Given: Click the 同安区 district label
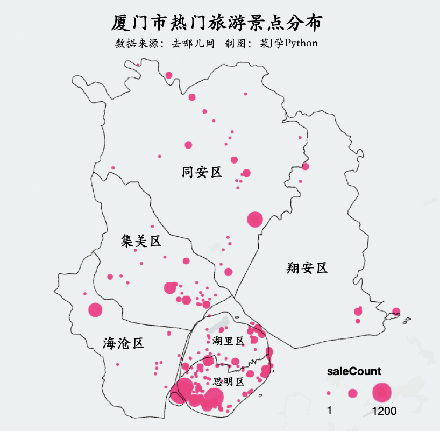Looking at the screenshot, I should coord(202,172).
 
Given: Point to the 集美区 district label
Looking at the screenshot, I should coord(141,241).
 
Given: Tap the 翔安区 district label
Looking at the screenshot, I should coord(307,268).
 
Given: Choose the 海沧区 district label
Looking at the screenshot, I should coord(124,343).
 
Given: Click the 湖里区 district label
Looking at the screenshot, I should coord(228,341).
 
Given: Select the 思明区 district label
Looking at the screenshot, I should coord(229,382).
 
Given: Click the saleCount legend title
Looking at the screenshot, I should coord(354,371).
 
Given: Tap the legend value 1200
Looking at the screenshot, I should coord(384,412).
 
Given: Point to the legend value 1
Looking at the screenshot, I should coord(330,412).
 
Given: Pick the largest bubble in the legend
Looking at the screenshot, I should coord(382,393).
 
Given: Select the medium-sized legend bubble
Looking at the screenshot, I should coord(352,393).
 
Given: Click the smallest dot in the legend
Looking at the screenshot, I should coord(329,393).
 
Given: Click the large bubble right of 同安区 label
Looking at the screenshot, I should coord(254,219).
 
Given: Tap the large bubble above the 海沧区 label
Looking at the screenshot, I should coord(95,309).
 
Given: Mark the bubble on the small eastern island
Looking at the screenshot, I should coord(396,311).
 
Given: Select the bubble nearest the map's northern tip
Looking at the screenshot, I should coord(169,75).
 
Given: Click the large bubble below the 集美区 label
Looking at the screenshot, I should coord(170,287).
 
